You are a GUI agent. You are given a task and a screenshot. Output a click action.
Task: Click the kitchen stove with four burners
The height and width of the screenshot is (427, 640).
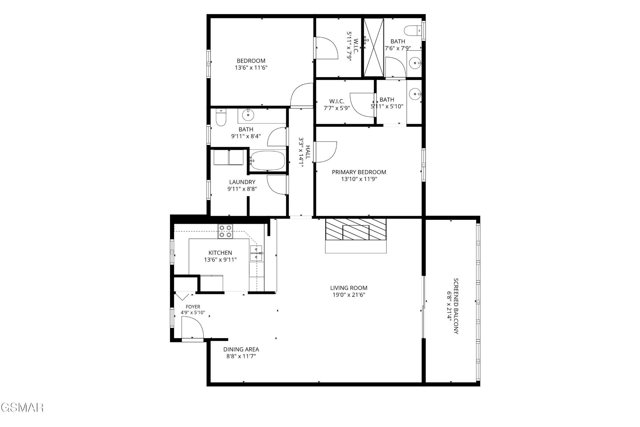point(225,232)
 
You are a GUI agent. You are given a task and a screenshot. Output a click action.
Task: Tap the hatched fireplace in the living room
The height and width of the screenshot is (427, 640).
point(356,229)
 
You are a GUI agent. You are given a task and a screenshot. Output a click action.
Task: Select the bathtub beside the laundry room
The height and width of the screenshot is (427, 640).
point(268,161)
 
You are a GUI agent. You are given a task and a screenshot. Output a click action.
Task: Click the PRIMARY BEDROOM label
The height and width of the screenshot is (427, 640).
point(359,172)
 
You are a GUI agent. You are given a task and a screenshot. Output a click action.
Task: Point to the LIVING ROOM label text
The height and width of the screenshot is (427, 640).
point(349,288)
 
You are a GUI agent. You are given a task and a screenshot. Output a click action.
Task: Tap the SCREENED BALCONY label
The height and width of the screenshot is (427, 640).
point(456,306)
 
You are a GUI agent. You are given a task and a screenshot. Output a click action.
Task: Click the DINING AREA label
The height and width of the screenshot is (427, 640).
point(241,349)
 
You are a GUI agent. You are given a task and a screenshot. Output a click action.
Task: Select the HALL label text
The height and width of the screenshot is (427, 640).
point(308,152)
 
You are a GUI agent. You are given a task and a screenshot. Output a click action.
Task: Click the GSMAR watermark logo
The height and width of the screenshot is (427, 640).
point(22,407)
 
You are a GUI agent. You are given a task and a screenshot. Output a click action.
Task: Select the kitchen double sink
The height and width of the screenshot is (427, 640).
point(257,253)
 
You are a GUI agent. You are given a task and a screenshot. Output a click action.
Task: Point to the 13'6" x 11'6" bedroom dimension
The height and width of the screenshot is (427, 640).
point(251,68)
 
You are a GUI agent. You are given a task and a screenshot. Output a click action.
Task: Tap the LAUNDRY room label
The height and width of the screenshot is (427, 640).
point(242,182)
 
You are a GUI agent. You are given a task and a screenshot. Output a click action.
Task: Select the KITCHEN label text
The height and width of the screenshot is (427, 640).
point(220,253)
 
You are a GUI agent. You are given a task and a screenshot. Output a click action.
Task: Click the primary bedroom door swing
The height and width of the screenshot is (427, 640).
point(325,152)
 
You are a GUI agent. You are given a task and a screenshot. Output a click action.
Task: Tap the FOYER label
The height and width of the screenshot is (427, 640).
point(193,307)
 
